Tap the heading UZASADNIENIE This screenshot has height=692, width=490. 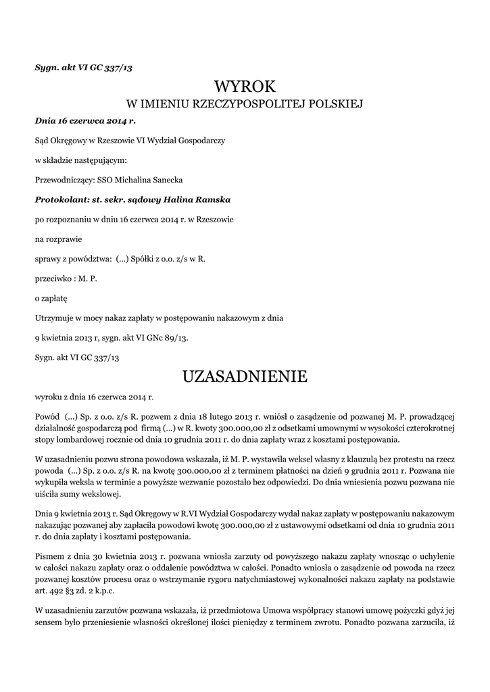coord(245,376)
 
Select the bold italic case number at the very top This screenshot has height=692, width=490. coord(89,67)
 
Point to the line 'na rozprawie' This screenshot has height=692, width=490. coord(56,239)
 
